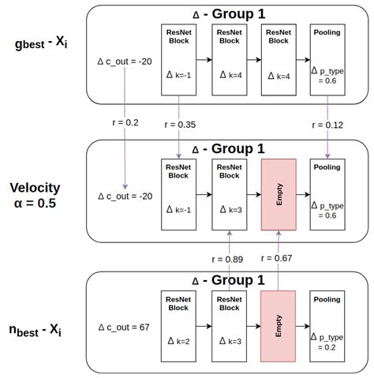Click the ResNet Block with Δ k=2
tap(177, 324)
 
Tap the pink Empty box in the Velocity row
tap(279, 193)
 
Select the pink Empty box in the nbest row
tap(279, 324)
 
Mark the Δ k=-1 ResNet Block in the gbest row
tap(177, 60)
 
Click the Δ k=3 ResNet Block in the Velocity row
tap(228, 193)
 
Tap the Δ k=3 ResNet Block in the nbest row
tap(228, 324)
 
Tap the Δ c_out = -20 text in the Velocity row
tap(122, 196)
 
